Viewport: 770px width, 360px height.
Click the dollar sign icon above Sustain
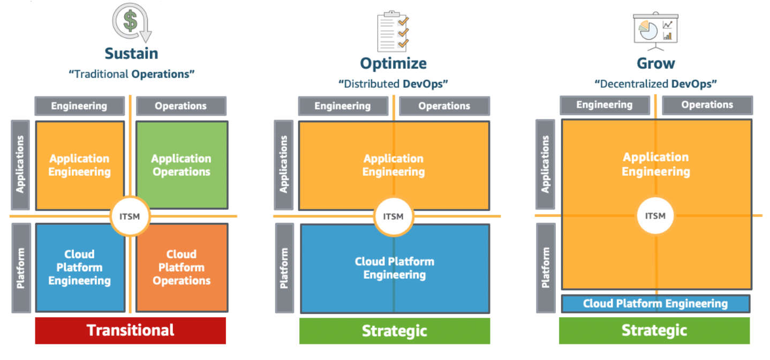coord(131,22)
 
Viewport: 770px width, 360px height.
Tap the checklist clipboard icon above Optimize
coord(393,31)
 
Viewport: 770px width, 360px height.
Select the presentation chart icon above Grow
coord(655,31)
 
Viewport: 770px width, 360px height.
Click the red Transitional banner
coord(131,330)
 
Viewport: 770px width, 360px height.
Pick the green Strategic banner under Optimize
coord(394,331)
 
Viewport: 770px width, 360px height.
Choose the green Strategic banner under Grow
coord(654,330)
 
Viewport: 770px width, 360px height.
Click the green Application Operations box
coord(182,165)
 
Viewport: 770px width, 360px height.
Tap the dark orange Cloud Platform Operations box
coord(182,267)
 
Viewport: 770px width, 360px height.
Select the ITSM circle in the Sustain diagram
coord(130,216)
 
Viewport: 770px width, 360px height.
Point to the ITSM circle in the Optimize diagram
coord(394,216)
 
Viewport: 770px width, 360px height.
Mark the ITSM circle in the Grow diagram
coord(655,215)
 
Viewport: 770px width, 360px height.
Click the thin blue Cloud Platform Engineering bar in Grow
coord(655,304)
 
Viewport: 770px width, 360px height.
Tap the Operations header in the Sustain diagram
coord(181,106)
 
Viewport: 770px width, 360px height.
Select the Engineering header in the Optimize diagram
coord(343,106)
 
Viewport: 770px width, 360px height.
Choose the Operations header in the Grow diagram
coord(707,105)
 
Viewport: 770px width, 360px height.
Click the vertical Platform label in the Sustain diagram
coord(21,268)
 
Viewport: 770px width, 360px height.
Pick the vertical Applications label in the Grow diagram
coord(545,164)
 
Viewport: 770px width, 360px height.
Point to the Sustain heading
coord(131,54)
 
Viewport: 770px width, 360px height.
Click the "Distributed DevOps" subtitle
coord(393,84)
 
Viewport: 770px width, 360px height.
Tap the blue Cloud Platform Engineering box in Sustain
coord(80,267)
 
